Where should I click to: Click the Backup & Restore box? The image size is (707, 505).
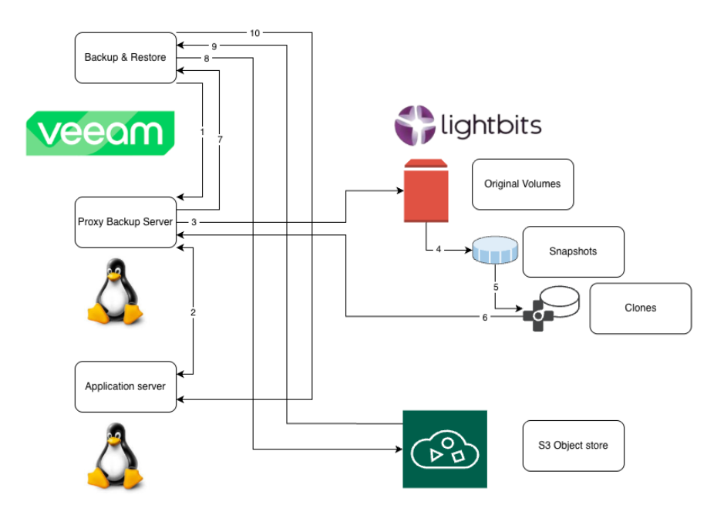point(125,58)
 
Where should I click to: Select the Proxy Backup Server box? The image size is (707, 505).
point(125,222)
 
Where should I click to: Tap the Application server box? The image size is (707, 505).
point(125,386)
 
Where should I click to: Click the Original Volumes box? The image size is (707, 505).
point(522,184)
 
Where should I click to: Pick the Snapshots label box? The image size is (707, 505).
point(573,251)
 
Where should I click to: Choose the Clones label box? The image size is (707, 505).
point(640,308)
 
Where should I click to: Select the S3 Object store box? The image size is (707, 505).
point(573,446)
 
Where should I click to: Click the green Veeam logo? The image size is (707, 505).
point(100,133)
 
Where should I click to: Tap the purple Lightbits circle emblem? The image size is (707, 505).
point(415,126)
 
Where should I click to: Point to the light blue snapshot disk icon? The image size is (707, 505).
point(495,251)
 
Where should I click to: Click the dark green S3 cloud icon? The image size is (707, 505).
point(445,449)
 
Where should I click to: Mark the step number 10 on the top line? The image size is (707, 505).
point(254,33)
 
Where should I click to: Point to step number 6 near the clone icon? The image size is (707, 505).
point(484,317)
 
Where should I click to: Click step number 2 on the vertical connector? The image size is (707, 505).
point(193,312)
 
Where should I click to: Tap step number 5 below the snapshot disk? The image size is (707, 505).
point(496,287)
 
